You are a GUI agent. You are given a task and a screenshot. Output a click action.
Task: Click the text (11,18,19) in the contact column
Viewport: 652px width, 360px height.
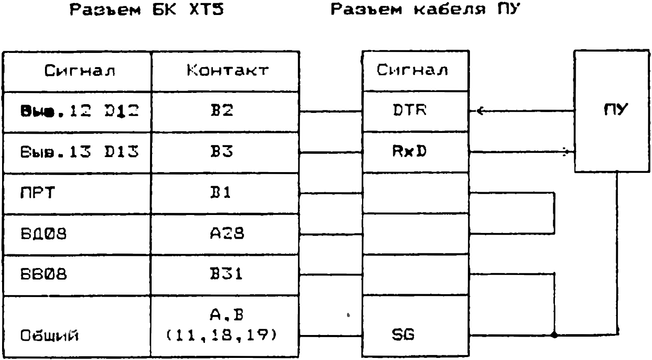click(221, 335)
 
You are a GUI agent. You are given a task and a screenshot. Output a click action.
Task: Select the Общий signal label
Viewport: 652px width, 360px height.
click(50, 335)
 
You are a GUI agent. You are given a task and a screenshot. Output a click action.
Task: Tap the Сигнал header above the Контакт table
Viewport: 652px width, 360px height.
click(80, 71)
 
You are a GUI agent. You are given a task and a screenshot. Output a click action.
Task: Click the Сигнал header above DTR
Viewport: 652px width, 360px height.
click(412, 70)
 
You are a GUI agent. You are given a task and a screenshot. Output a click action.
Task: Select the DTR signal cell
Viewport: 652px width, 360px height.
click(410, 111)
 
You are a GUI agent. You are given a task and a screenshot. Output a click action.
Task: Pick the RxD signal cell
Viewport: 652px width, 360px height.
click(410, 152)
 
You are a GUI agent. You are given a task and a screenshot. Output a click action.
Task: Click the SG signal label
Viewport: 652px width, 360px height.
click(403, 334)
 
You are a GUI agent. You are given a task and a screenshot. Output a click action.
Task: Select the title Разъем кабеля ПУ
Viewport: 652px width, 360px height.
click(426, 10)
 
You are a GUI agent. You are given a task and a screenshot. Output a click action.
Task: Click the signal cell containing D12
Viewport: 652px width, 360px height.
click(79, 111)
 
